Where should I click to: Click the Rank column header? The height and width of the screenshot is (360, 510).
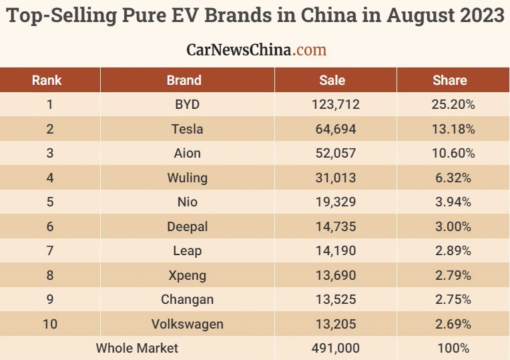(x=47, y=80)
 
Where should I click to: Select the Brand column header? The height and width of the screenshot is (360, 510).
(x=184, y=80)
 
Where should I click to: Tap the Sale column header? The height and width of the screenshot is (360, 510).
(x=332, y=80)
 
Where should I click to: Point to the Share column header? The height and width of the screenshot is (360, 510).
(x=450, y=80)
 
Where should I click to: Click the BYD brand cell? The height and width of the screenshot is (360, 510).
(x=184, y=104)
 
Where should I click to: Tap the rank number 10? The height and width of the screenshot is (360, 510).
(x=49, y=324)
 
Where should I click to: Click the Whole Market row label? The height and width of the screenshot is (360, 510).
(x=137, y=348)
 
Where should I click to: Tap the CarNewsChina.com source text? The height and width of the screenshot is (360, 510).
(x=256, y=49)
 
